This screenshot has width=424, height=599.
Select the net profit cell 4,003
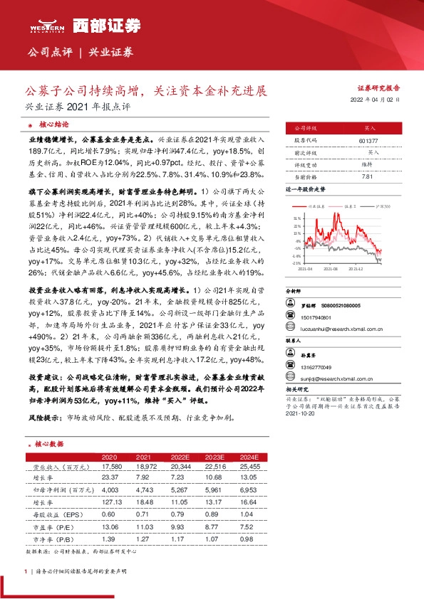(110, 490)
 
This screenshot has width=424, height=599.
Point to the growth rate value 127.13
(110, 502)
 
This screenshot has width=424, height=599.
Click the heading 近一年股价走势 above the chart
(306, 190)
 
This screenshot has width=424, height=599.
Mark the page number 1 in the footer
(26, 571)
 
